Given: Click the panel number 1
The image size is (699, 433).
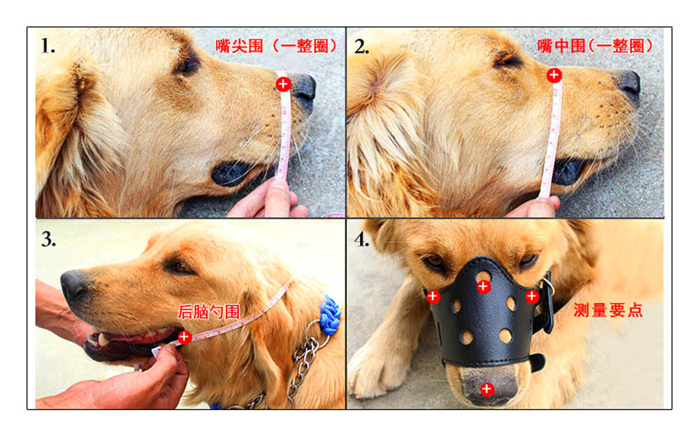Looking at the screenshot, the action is (48, 46).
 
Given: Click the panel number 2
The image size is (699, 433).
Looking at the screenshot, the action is (361, 47).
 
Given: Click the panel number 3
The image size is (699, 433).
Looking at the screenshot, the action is (49, 240).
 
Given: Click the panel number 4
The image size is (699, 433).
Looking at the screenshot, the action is (362, 240).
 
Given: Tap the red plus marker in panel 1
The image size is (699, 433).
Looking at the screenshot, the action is (283, 84).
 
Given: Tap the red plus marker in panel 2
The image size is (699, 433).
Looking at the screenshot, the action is (554, 75).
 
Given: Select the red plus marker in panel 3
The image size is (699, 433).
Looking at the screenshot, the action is (184, 337).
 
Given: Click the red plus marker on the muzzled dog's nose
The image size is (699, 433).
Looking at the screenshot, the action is (487, 389).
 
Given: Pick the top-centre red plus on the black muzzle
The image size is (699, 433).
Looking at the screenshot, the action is (484, 287).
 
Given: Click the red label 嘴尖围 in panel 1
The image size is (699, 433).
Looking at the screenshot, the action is (239, 46).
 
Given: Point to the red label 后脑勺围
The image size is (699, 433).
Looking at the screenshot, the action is (208, 312).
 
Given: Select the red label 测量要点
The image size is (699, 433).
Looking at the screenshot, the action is (608, 310).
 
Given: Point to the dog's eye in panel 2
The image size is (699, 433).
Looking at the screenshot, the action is (507, 59).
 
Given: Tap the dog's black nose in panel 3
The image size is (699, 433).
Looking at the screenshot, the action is (73, 284).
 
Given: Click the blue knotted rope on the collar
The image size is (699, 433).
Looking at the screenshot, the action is (331, 314).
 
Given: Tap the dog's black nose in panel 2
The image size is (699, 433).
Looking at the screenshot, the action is (628, 83).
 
